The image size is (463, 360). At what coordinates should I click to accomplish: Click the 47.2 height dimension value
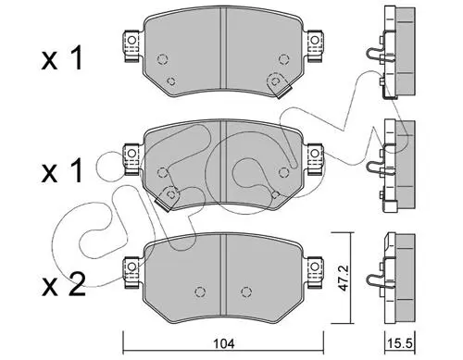tap(343, 277)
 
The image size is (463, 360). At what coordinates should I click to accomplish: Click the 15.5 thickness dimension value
tap(400, 343)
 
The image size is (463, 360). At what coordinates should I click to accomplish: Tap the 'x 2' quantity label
tap(64, 285)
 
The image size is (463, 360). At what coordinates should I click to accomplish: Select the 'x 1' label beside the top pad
tap(62, 57)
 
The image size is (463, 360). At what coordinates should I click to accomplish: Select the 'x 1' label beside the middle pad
tap(62, 170)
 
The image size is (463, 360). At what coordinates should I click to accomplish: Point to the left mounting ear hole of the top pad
tap(131, 41)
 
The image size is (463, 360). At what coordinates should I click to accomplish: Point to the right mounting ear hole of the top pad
tap(315, 41)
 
